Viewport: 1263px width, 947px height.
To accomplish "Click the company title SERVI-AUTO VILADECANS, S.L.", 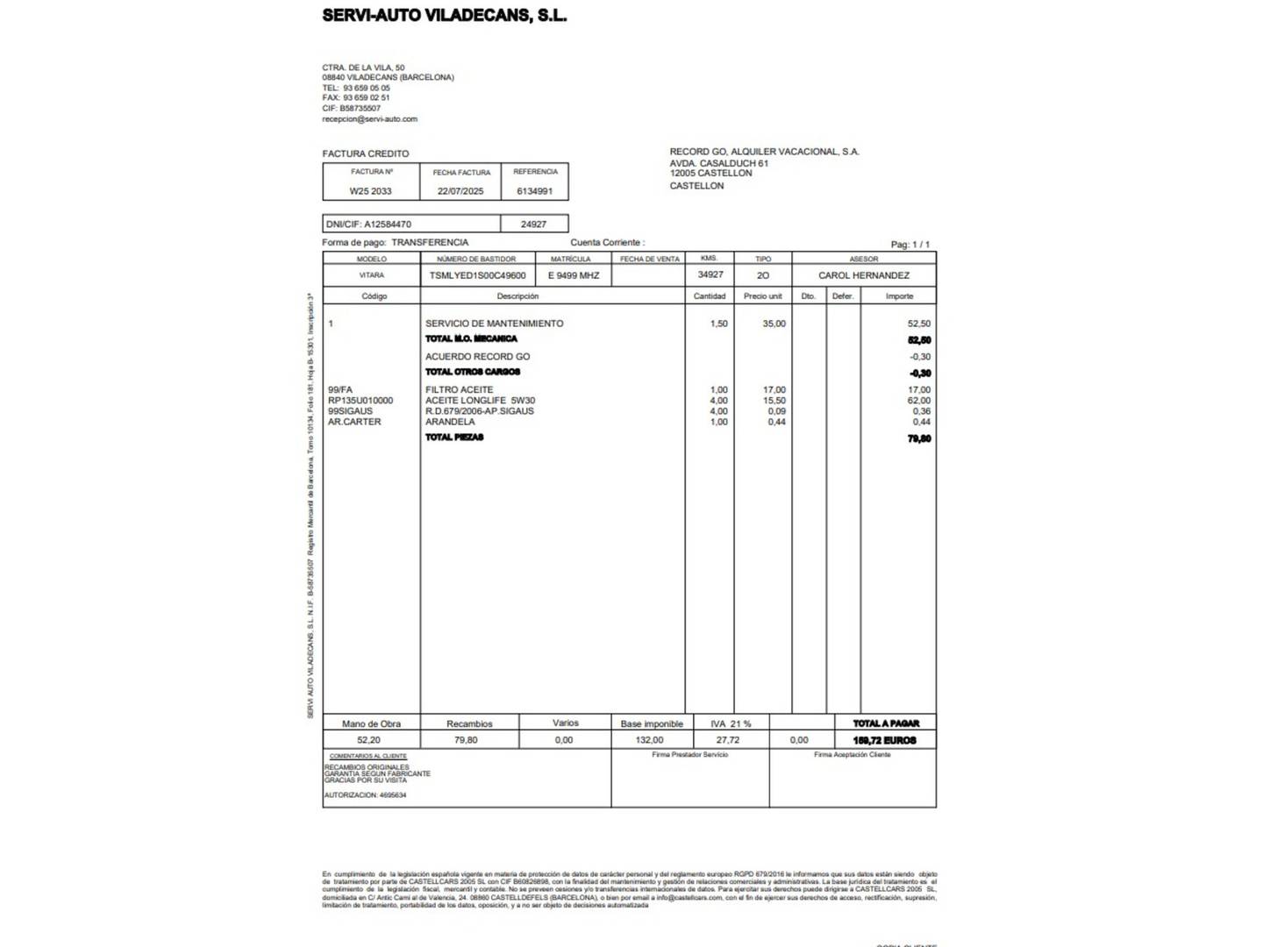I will [x=444, y=15].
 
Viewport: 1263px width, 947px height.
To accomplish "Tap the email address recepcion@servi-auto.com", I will [x=369, y=119].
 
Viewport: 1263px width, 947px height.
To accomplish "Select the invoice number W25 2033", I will [x=371, y=191].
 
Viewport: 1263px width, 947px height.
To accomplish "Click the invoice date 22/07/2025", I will [x=460, y=191].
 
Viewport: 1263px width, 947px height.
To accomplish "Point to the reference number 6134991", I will [x=534, y=191].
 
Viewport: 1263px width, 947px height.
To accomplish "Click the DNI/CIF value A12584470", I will [x=388, y=224].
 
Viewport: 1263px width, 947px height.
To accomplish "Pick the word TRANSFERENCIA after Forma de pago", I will [x=430, y=243].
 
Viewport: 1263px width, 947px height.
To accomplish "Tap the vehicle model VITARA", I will [x=371, y=275].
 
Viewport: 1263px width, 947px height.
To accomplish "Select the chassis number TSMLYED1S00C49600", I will [x=477, y=275].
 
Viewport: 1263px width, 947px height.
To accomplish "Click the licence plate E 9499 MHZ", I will [x=574, y=275].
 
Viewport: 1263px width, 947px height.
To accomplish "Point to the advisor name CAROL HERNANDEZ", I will [x=864, y=275].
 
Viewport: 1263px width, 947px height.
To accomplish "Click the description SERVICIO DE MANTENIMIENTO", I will [x=494, y=324].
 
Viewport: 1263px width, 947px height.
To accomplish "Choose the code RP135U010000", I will [x=360, y=401].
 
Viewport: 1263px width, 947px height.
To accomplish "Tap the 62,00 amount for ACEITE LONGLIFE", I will [x=919, y=401].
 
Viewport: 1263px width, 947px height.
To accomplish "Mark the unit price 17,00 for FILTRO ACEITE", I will [x=774, y=390].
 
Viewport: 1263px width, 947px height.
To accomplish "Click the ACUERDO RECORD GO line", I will [x=477, y=357].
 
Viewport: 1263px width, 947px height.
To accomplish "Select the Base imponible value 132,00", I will [x=649, y=740].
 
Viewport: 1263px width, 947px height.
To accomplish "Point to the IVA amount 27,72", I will [x=728, y=740].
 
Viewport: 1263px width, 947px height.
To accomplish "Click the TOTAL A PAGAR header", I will [x=886, y=723].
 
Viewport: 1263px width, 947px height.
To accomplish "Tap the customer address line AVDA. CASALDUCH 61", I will [x=719, y=163].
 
